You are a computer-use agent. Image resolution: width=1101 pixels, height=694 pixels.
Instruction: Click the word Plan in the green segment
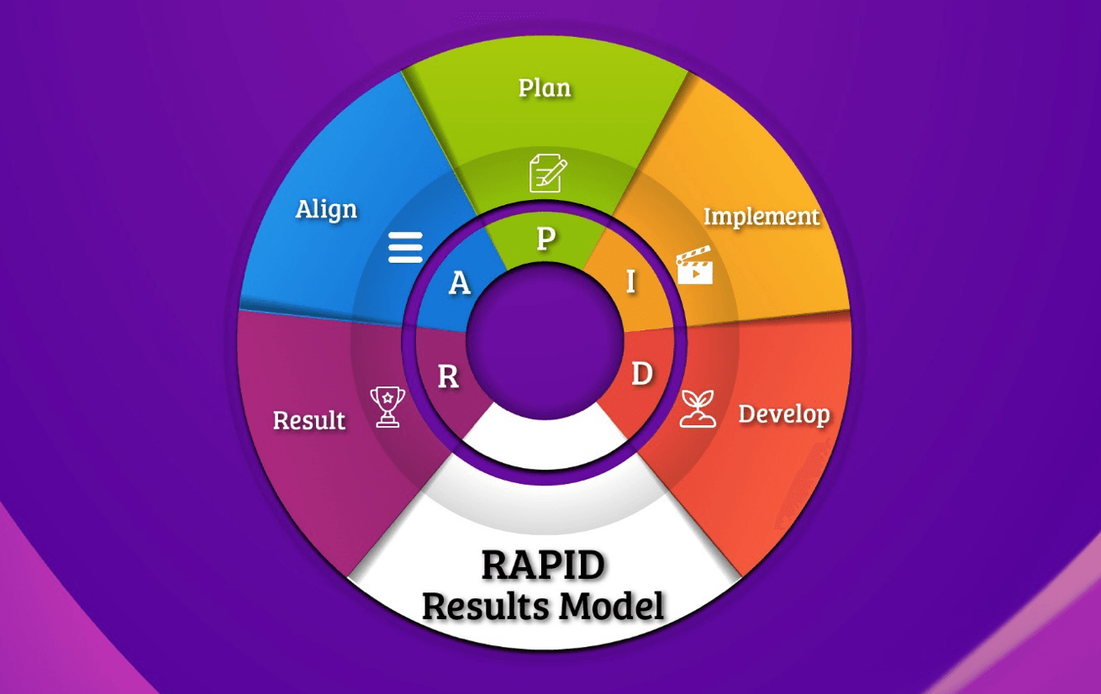point(544,88)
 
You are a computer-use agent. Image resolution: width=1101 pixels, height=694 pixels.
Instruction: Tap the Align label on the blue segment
point(326,209)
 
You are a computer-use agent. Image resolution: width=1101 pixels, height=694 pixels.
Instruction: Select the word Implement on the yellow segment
point(761,217)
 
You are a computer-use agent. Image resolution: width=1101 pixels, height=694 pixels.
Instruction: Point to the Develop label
point(783,414)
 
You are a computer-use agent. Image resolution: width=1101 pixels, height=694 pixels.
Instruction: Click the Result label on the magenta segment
point(309,420)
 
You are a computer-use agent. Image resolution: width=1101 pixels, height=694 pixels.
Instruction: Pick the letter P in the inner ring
point(545,239)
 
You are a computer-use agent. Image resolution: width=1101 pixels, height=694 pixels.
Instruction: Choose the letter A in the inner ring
point(459,284)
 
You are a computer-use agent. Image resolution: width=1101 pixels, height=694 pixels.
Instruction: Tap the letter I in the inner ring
point(631,283)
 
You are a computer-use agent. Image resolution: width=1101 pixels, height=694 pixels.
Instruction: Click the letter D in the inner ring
point(641,375)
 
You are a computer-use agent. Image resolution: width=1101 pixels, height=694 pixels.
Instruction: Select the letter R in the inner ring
point(449,378)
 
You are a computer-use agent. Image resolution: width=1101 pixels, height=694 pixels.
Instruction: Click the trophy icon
point(387,407)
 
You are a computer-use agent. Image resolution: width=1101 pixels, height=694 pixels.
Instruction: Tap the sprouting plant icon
point(698,408)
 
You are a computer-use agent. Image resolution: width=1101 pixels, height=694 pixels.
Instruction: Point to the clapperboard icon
point(694,266)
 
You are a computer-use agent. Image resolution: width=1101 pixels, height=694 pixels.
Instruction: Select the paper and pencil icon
point(547,174)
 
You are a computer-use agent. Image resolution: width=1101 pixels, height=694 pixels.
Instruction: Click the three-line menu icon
point(405,248)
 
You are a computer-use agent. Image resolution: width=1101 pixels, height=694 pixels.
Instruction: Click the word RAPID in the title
point(543,565)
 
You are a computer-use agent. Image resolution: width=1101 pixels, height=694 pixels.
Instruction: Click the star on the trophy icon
point(387,396)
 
